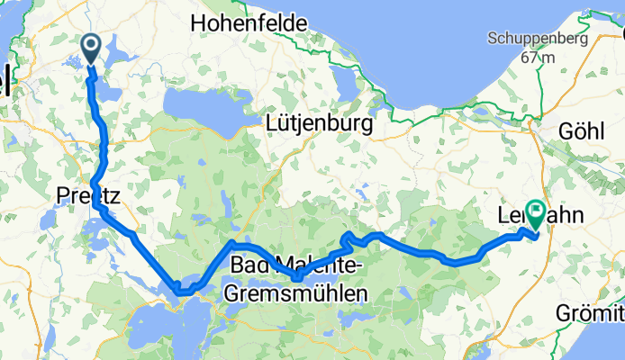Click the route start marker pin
92,48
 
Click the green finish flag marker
536,214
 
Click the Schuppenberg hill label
537,39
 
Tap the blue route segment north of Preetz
104,135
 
